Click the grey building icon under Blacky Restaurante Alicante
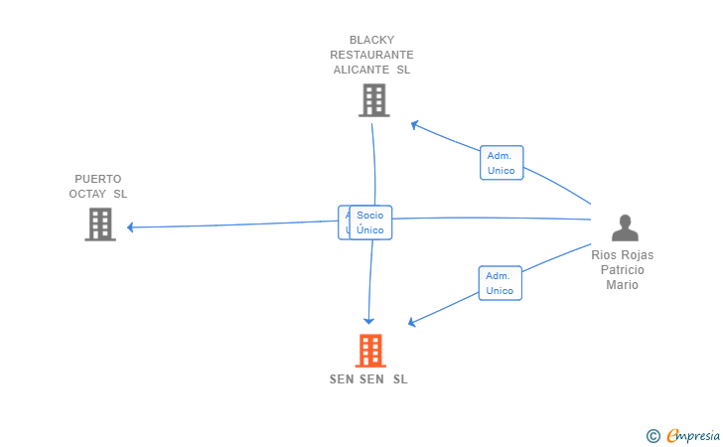click(373, 100)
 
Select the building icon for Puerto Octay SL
click(99, 224)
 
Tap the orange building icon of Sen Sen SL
click(369, 351)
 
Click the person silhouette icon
click(625, 228)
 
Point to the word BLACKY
click(371, 41)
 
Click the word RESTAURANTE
click(371, 56)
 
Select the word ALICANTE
click(360, 71)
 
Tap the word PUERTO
click(98, 179)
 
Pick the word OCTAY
click(88, 194)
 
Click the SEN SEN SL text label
click(368, 379)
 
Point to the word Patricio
click(623, 270)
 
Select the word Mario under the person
click(623, 285)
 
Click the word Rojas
click(637, 255)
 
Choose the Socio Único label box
click(370, 223)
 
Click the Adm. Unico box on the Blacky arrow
click(501, 163)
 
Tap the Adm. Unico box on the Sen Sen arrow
click(500, 283)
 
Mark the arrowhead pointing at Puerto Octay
click(130, 227)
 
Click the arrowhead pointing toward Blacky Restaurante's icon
click(414, 124)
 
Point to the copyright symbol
click(652, 435)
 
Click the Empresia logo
click(693, 435)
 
